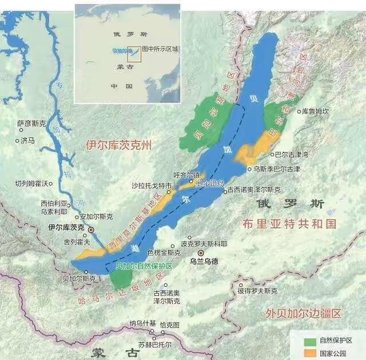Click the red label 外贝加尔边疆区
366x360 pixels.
[303, 314]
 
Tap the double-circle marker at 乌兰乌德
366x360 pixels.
[200, 253]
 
